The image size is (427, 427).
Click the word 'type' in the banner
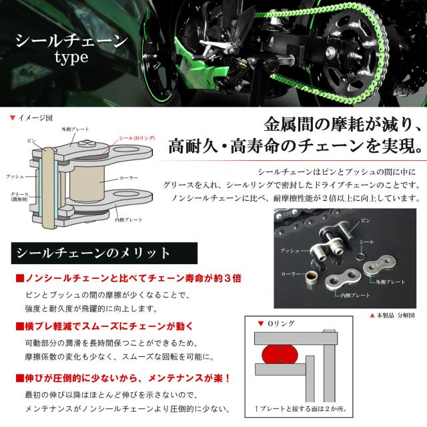point(66,58)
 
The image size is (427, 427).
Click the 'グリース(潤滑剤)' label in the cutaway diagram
point(19,198)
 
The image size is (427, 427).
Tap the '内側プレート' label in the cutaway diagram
point(129,218)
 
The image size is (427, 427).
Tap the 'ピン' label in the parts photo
point(364,218)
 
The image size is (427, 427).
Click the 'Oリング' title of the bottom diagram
point(281,324)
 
